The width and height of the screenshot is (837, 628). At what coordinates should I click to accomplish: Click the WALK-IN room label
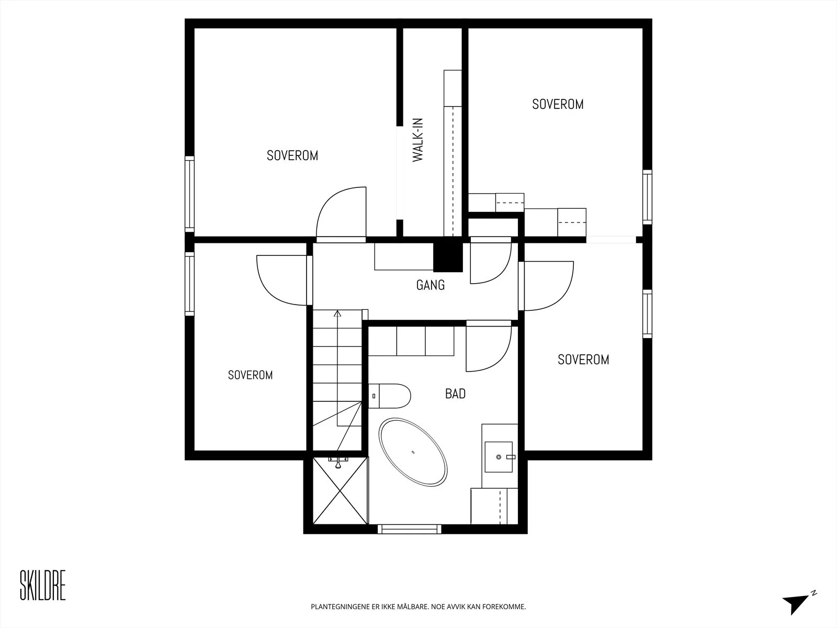[418, 140]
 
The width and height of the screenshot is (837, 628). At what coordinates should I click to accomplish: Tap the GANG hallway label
[431, 285]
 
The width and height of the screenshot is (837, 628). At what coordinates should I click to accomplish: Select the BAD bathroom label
[455, 394]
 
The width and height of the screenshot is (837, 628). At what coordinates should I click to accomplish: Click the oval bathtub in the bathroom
[413, 452]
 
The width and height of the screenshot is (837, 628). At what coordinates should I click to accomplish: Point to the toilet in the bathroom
[389, 396]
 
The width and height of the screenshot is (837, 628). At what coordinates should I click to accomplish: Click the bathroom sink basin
[499, 457]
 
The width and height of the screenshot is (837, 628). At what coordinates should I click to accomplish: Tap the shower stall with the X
[340, 490]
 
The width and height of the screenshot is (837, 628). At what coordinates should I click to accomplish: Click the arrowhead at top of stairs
[337, 313]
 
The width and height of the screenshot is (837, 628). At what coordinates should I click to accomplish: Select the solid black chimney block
[448, 257]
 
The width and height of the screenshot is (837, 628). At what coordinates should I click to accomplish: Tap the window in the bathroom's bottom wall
[410, 529]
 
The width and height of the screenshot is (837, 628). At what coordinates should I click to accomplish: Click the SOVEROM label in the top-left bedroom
[292, 155]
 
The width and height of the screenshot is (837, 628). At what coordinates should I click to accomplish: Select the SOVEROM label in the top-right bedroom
[558, 105]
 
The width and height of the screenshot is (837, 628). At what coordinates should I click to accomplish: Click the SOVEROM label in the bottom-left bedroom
[251, 375]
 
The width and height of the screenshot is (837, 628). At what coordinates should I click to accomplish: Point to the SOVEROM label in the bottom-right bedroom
[583, 360]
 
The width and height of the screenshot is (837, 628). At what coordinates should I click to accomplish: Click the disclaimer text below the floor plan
[418, 607]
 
